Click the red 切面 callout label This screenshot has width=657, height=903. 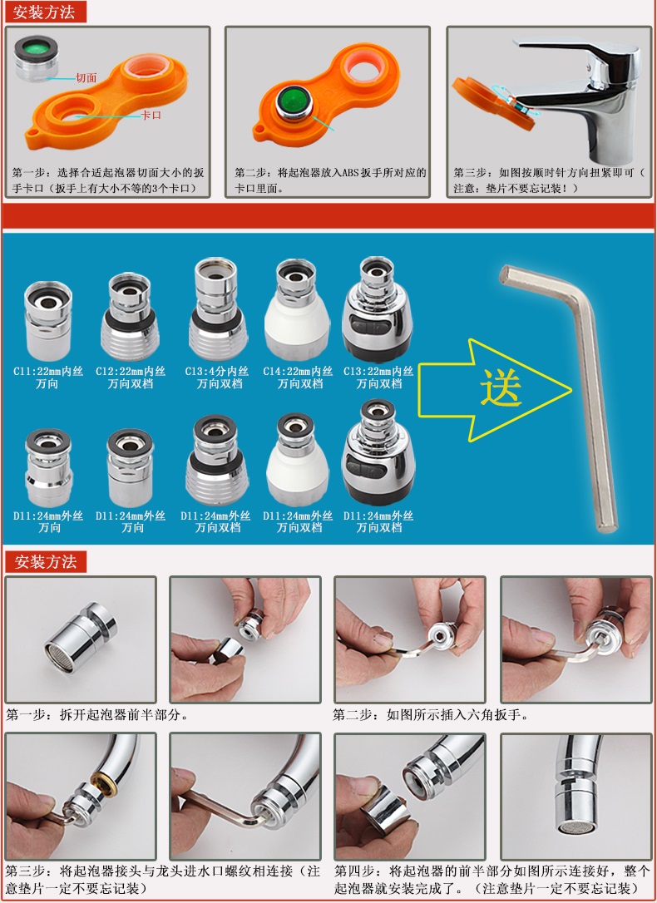point(86,77)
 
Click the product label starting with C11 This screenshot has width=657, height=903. point(48,377)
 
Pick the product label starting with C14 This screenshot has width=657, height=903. point(299,377)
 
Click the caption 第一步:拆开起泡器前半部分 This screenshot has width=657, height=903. point(97,714)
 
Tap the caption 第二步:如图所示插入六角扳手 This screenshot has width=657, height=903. point(431,714)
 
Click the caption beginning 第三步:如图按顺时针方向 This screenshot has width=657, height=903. point(549,180)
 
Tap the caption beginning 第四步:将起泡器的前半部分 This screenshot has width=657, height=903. point(492,879)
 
